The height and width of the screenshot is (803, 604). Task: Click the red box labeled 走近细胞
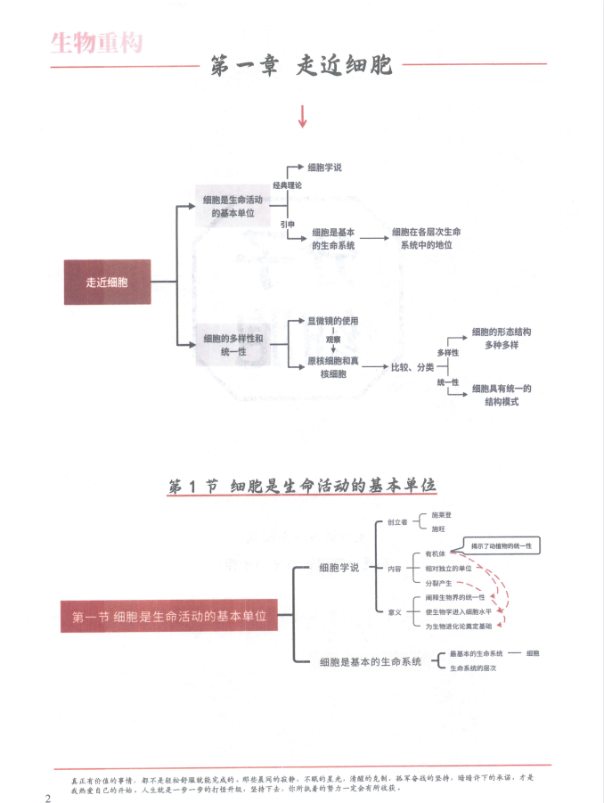pos(107,282)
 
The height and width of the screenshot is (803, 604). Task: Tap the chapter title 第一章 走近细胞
pos(301,66)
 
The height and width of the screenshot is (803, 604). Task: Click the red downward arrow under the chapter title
pos(302,116)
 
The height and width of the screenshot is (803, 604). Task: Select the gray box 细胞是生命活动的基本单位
pos(233,207)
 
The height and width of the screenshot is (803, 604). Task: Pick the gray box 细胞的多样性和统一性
pos(233,345)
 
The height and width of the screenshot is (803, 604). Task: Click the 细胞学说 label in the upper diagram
pos(324,167)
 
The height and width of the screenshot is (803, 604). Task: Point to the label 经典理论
pos(287,185)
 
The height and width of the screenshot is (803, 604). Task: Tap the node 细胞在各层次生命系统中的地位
pos(429,238)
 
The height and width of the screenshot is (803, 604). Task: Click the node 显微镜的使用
pos(333,321)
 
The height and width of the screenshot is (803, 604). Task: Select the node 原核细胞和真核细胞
pos(333,367)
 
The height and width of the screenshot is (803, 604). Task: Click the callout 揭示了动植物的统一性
pos(502,545)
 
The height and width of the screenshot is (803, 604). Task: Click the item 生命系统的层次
pos(473,668)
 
